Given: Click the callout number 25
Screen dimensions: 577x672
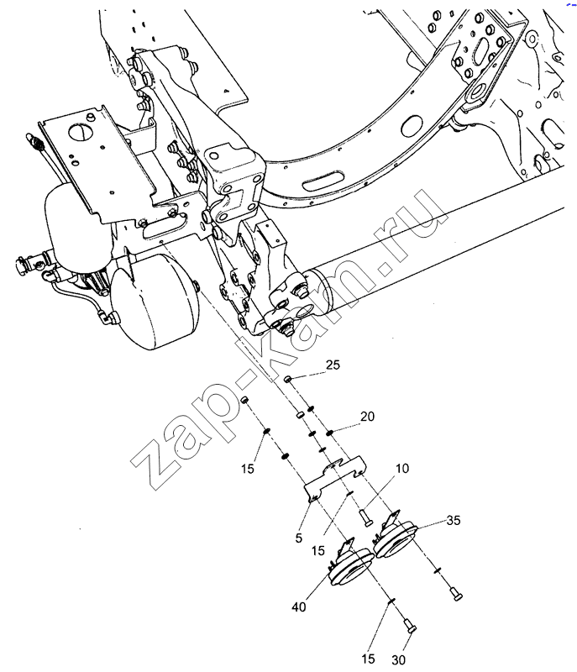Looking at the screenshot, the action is coord(333,365).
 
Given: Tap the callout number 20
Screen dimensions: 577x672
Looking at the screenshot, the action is coord(367,416).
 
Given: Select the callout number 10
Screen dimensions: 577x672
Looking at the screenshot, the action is coord(401,468).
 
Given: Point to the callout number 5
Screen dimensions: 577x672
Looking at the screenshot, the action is coord(299,538).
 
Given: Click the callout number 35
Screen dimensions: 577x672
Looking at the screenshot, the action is coord(454,520).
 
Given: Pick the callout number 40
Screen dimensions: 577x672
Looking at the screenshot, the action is coord(299,606).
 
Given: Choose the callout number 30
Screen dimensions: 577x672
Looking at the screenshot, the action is coord(398,660).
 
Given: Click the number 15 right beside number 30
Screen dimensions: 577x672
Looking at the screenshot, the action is coord(368,659).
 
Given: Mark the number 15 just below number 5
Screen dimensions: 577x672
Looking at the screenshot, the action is coord(317,551).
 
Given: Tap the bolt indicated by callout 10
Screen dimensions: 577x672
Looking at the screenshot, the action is coord(366,517).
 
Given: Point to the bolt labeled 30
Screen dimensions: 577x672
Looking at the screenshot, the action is coord(410,626).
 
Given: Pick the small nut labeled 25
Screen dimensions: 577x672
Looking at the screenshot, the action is coord(288,379).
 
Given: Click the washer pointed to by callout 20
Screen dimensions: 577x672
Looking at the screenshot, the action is coord(329,433).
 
